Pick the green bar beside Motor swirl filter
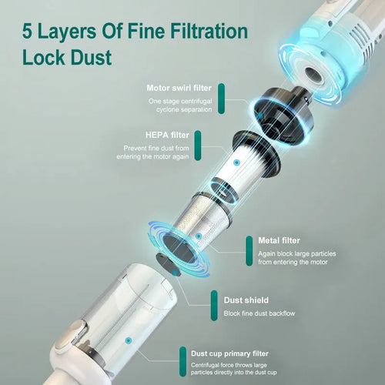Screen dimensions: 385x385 click(221, 96)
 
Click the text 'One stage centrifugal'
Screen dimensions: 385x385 click(179, 101)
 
